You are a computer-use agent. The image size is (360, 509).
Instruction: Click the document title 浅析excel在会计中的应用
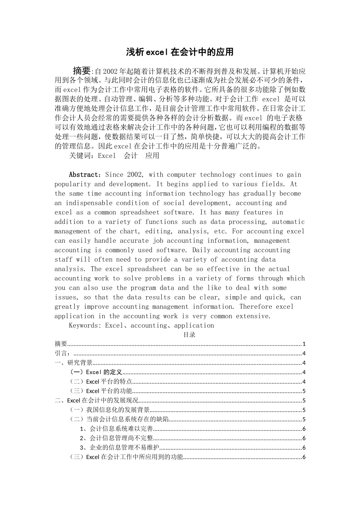coord(180,52)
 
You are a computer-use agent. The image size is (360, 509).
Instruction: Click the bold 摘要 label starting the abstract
coord(82,71)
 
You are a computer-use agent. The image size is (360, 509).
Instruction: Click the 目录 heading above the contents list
coord(189,335)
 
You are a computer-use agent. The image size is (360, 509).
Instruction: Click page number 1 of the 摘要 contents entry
coord(304,344)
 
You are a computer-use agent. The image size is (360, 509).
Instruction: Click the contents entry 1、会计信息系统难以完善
coord(116,429)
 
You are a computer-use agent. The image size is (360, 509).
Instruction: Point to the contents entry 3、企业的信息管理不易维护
coord(119,448)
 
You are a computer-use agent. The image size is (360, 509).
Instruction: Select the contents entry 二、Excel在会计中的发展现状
coord(97,400)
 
